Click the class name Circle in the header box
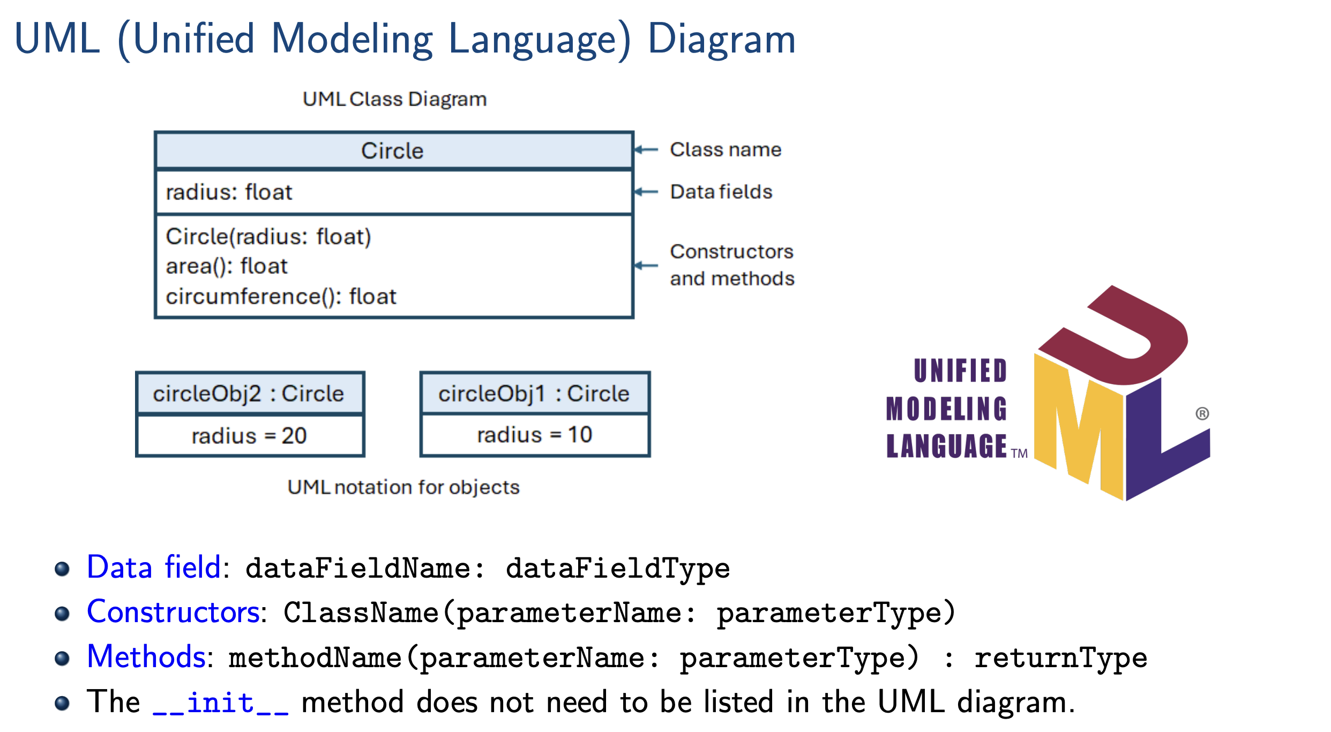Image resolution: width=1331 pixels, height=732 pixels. point(392,151)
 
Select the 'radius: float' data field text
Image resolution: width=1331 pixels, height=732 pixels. point(229,192)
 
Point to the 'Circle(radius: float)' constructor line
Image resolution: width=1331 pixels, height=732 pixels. point(268,237)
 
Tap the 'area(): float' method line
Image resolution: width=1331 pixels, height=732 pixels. point(226,266)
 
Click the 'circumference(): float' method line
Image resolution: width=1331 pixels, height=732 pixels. point(281,297)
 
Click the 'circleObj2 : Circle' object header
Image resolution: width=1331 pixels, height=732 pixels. point(249,394)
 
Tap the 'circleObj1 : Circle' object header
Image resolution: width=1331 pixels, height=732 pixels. point(534,394)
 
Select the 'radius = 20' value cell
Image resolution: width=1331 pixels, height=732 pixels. point(249,436)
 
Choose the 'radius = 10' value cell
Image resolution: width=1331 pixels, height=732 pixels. point(534,435)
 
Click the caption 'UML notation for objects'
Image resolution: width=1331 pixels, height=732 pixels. point(403,487)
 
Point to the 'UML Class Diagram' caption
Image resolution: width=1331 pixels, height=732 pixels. point(394,100)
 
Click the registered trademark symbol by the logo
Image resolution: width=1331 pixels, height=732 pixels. point(1202,414)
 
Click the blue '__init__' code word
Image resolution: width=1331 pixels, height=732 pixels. point(221,703)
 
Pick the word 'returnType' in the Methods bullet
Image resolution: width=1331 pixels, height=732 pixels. point(1060,658)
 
